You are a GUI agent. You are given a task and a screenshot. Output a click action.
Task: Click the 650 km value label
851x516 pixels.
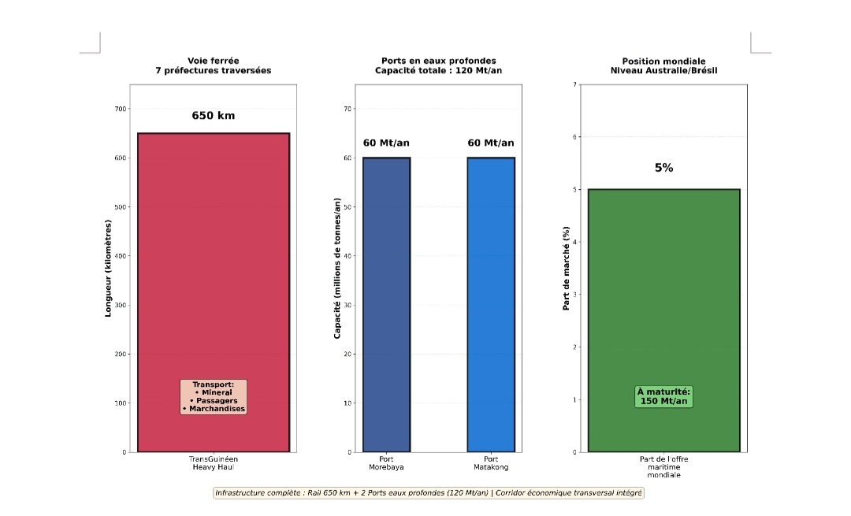pos(213,116)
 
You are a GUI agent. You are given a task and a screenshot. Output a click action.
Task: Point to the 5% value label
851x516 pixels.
pos(663,168)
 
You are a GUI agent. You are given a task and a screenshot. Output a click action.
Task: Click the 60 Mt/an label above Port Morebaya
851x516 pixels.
pos(386,143)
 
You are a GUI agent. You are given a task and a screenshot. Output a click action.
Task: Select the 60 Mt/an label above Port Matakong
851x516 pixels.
pos(490,143)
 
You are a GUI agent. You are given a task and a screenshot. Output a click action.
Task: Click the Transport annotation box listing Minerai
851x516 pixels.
pos(213,397)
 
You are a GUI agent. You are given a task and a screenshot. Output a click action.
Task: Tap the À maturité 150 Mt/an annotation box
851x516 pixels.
pos(663,396)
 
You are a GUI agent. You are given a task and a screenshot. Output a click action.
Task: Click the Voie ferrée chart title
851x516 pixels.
pos(213,65)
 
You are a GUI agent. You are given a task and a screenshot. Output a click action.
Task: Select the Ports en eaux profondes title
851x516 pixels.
pos(438,65)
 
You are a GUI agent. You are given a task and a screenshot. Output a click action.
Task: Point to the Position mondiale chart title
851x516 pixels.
pos(663,65)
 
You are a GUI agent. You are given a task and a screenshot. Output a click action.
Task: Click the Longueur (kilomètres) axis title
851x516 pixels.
pos(109,268)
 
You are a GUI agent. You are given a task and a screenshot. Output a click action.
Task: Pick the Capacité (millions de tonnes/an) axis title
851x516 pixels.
pos(337,268)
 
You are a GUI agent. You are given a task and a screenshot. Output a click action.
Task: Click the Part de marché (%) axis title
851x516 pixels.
pos(566,268)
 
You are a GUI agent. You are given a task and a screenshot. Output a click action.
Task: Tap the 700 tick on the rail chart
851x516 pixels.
pos(120,109)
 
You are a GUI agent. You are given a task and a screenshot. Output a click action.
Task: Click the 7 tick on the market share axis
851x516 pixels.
pos(574,84)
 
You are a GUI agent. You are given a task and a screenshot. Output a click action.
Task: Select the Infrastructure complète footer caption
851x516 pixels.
pos(429,493)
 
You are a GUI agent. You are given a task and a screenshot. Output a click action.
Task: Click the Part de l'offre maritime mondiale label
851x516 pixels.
pos(663,466)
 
